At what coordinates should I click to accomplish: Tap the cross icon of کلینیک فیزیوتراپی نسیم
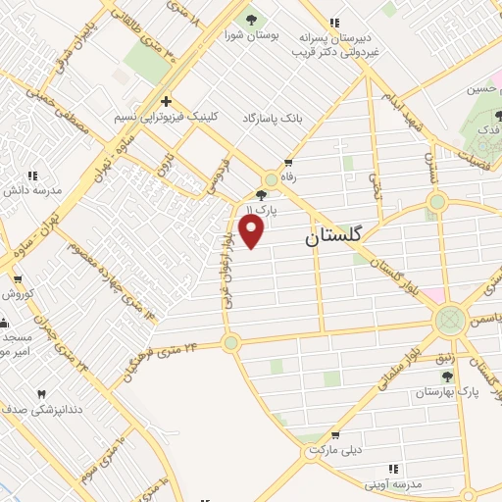pos(167,100)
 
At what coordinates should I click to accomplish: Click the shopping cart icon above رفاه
pos(288,164)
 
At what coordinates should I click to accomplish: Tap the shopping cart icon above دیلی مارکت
pos(336,434)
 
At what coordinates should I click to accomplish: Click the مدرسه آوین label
pos(392,484)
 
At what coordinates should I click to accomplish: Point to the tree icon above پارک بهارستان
pos(447,376)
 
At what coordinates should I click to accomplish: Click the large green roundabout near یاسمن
pos(451,320)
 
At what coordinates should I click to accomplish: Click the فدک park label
pos(481,128)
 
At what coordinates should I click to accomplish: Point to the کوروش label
pos(18,293)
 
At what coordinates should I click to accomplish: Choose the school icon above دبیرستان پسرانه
pos(336,23)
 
